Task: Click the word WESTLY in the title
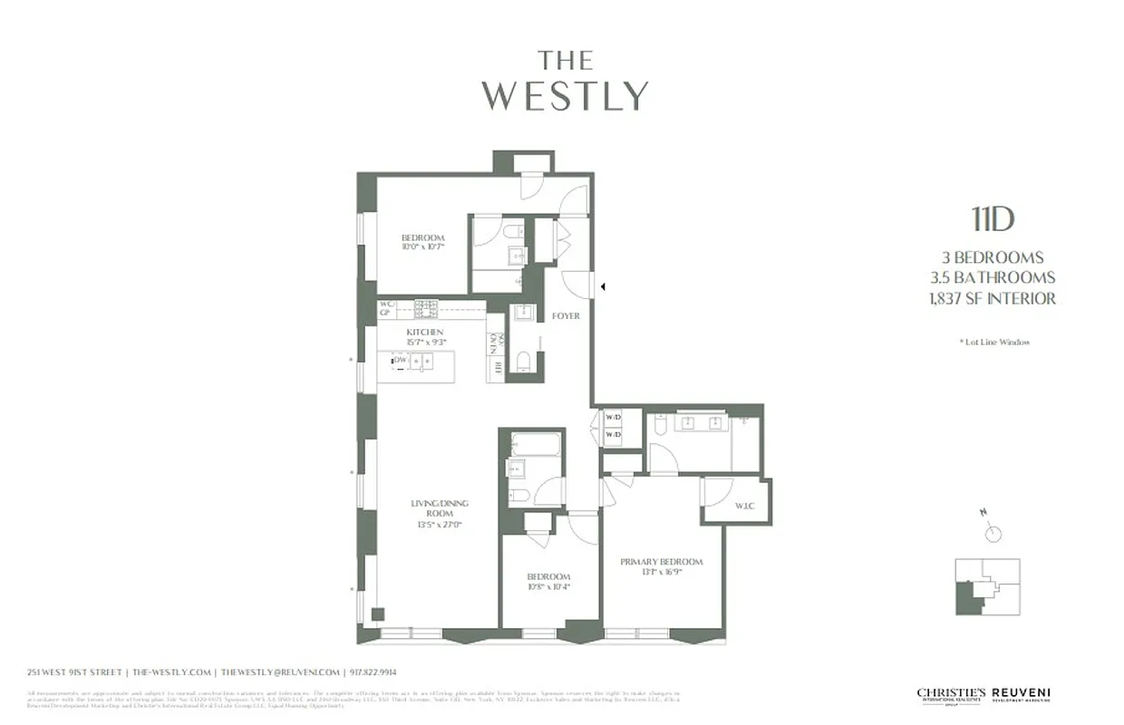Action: click(x=564, y=95)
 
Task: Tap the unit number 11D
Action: click(x=993, y=219)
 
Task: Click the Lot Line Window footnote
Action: click(x=994, y=342)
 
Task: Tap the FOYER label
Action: click(x=566, y=315)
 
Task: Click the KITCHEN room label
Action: click(x=424, y=333)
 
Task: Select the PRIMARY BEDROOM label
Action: click(x=661, y=562)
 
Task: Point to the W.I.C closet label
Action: click(x=745, y=506)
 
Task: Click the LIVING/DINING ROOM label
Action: click(x=440, y=508)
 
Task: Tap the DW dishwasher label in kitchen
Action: click(x=400, y=361)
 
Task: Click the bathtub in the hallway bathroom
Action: click(x=535, y=445)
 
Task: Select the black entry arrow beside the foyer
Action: click(x=603, y=286)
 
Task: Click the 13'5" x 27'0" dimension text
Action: click(x=440, y=525)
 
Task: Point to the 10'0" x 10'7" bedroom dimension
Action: click(x=423, y=246)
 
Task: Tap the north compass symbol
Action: click(x=992, y=532)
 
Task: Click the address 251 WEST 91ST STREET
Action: click(x=75, y=672)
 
